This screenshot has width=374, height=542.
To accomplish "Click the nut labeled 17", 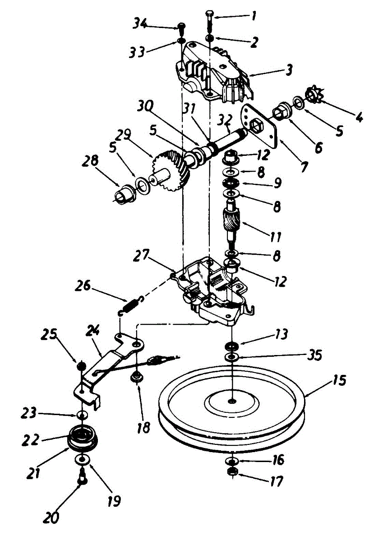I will coord(232,472).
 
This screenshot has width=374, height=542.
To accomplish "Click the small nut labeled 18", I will coord(135,377).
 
